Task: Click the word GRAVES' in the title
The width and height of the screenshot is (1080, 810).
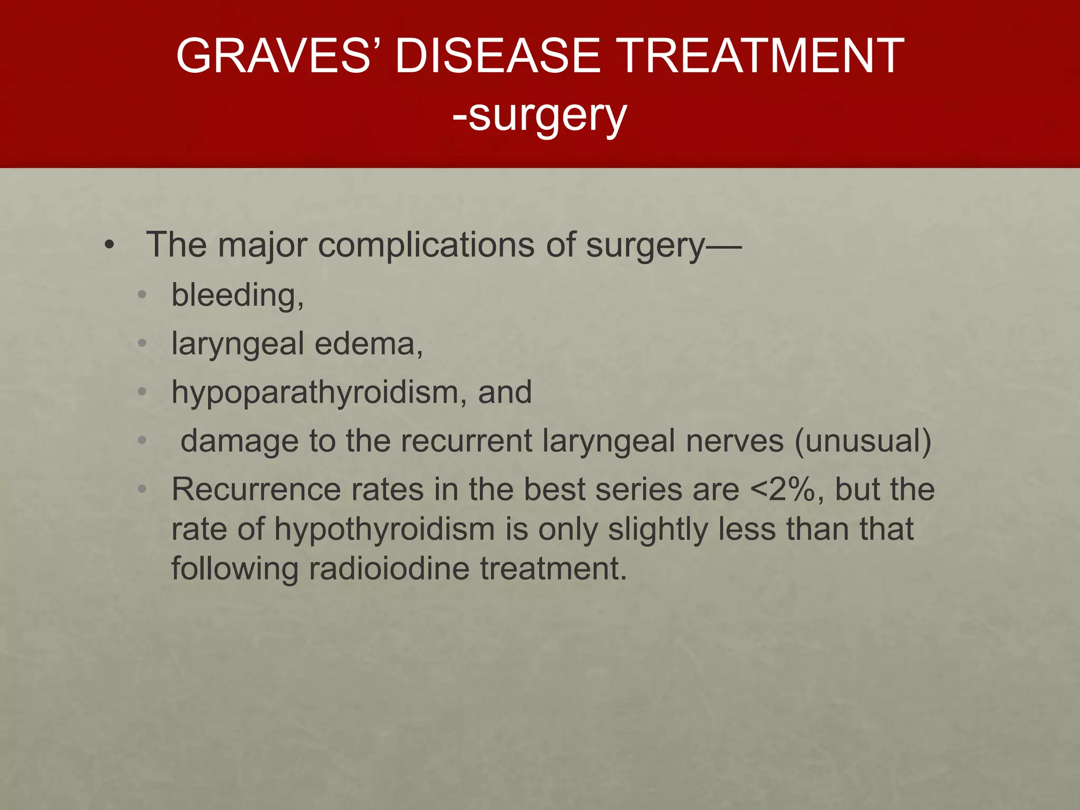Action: pos(274,56)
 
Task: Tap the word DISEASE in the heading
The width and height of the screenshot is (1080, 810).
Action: pos(497,56)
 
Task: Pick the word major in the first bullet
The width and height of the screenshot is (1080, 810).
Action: pos(262,246)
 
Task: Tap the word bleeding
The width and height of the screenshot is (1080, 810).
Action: pos(237,295)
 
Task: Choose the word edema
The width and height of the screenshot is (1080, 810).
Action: pos(368,344)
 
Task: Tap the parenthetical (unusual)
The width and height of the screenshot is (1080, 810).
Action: pos(863,441)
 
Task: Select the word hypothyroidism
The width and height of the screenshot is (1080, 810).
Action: pos(384,529)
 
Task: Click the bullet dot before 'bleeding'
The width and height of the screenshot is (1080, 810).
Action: pos(141,295)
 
